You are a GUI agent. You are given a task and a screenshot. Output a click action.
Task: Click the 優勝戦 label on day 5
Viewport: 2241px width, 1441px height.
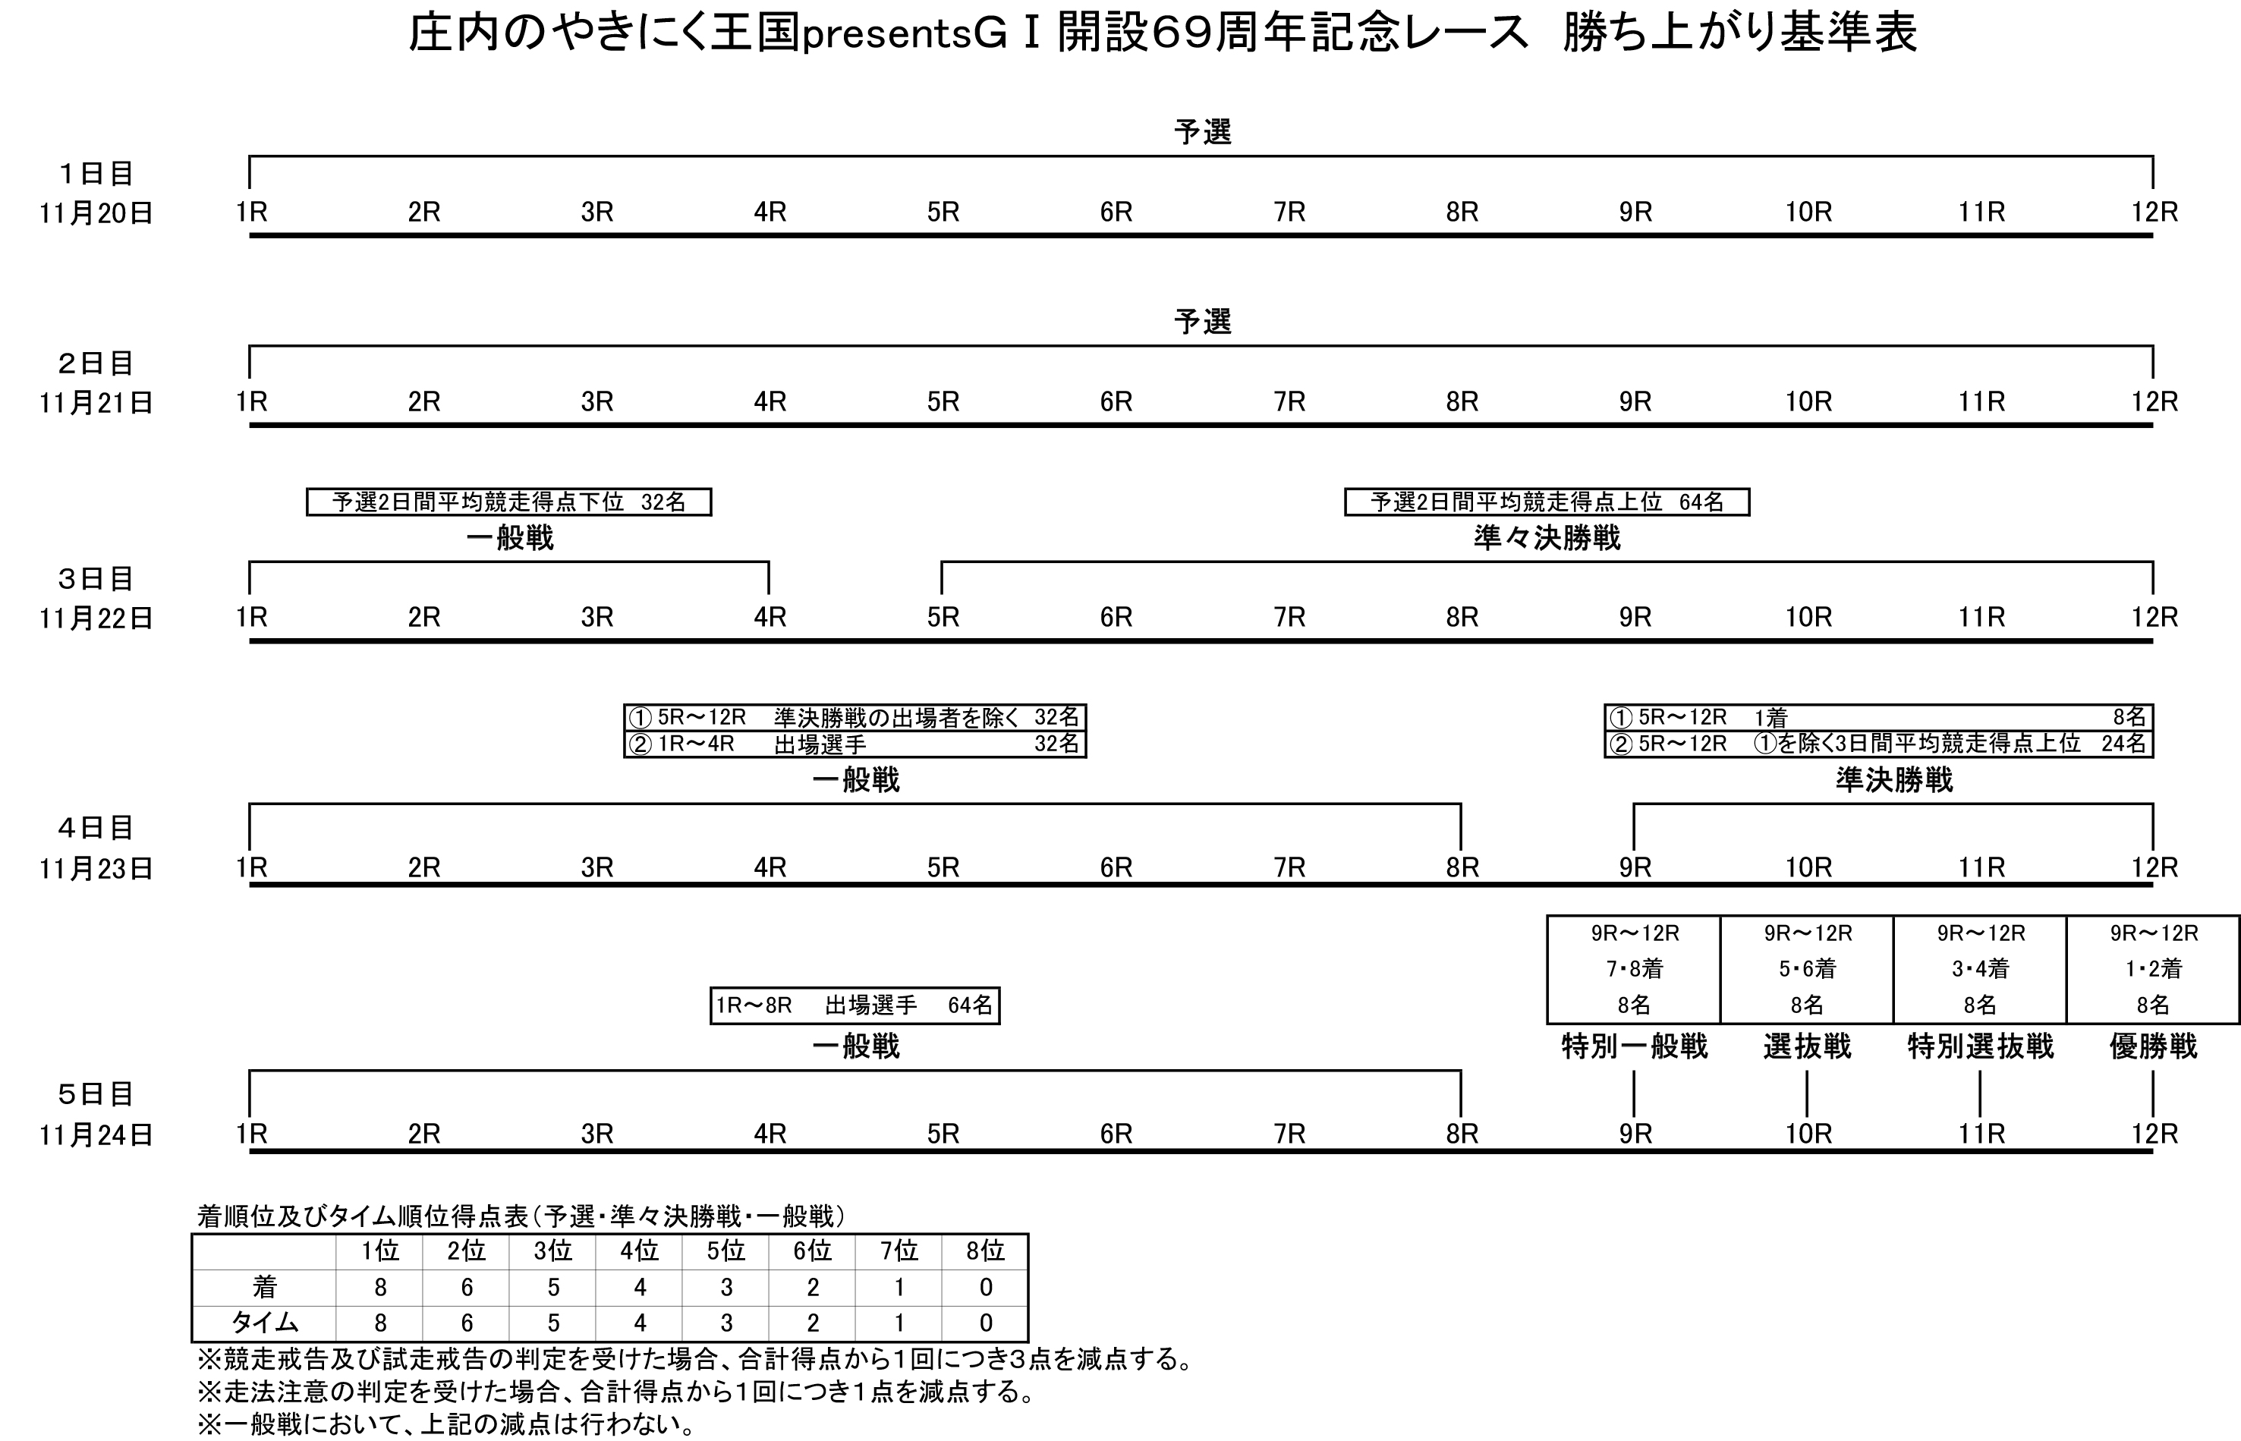tap(2152, 1046)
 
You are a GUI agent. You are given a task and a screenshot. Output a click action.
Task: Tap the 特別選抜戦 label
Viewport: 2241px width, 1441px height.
tap(1980, 1046)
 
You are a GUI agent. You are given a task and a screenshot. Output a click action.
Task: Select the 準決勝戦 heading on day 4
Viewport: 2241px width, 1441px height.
tap(1894, 779)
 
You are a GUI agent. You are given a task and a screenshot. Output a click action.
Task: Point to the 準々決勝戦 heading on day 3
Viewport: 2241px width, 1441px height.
tap(1547, 538)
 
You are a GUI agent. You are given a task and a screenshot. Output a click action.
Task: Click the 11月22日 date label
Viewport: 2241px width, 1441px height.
tap(96, 618)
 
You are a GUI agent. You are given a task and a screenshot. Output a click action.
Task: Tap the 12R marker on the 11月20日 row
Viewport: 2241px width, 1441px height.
tap(2154, 212)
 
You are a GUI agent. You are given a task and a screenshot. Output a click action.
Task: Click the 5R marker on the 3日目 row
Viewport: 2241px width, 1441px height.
tap(943, 618)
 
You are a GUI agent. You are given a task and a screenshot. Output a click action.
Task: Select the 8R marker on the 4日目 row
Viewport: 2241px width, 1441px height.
tap(1462, 867)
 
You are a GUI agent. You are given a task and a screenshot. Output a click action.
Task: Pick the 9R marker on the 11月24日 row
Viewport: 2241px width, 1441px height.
tap(1635, 1134)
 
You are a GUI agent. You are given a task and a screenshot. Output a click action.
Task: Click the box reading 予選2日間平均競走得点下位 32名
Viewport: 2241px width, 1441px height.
tap(509, 502)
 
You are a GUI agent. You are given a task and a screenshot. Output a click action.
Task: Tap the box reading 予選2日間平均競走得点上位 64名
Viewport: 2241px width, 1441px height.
tap(1547, 502)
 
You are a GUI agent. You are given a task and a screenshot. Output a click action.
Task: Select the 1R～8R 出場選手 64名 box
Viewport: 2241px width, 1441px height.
tap(855, 1006)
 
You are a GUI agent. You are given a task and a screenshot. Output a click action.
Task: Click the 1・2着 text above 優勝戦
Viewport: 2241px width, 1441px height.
tap(2153, 968)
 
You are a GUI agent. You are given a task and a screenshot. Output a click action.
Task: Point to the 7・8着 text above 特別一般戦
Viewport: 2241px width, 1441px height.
tap(1635, 968)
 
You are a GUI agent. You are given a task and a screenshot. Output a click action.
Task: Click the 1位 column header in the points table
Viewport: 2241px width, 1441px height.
tap(380, 1251)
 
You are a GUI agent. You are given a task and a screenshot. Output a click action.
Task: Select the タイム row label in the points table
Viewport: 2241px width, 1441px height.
tap(265, 1323)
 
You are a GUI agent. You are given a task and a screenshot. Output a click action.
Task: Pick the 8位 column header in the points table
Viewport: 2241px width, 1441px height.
tap(985, 1251)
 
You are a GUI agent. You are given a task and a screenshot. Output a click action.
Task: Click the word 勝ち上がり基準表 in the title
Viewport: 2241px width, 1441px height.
tap(1739, 33)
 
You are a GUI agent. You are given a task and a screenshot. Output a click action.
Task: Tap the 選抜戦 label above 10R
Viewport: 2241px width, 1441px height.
tap(1807, 1046)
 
